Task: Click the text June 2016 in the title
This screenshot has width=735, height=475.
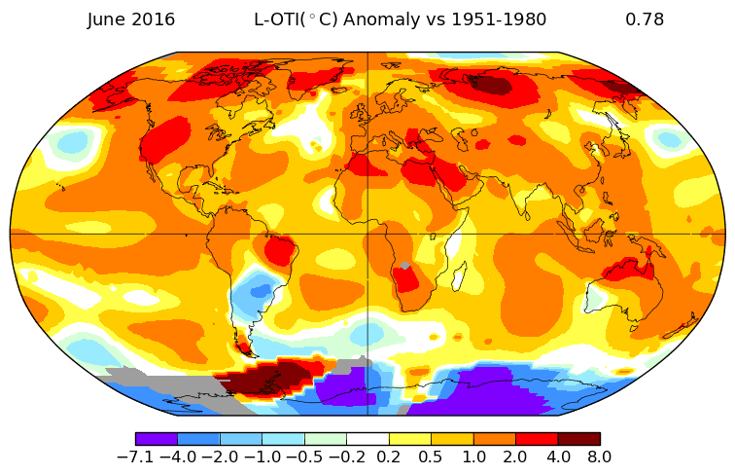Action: tap(131, 19)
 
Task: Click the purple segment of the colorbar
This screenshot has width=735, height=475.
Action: tap(157, 439)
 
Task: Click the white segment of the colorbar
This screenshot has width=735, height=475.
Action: tap(367, 439)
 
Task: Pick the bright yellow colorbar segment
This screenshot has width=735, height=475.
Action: tap(410, 439)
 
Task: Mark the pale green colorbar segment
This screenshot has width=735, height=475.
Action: tap(326, 439)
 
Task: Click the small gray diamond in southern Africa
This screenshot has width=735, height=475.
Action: tap(405, 266)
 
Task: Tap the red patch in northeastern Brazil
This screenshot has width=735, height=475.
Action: tap(280, 251)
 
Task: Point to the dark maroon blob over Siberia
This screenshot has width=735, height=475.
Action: tap(491, 85)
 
